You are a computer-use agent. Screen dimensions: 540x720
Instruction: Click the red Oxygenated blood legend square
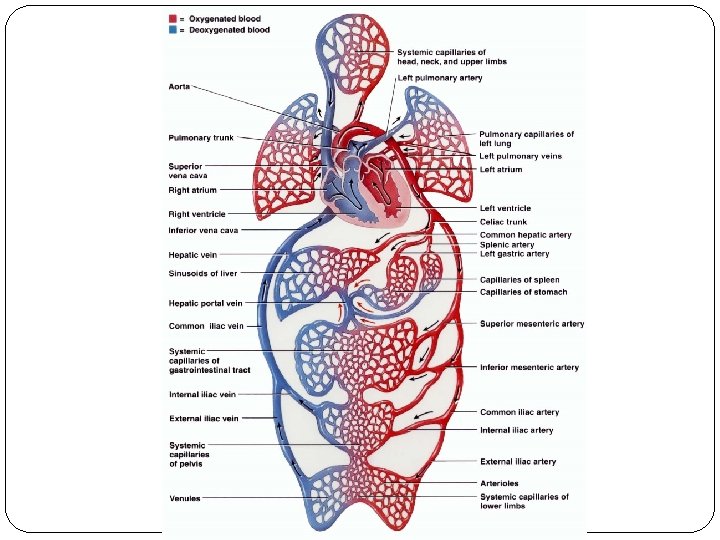(172, 19)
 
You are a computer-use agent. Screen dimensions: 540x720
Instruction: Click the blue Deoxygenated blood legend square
(172, 30)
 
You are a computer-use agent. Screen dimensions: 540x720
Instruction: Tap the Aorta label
(180, 87)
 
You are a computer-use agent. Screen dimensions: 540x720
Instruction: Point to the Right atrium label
(192, 189)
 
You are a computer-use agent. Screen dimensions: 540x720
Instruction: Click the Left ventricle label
(505, 208)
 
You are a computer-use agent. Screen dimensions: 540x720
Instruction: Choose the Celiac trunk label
(503, 222)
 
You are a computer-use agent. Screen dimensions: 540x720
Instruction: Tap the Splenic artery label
(507, 244)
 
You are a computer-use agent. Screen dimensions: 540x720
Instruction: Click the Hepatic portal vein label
(205, 303)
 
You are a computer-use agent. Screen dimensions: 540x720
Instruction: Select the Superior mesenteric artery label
(532, 323)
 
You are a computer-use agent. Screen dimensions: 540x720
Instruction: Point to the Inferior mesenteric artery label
(529, 367)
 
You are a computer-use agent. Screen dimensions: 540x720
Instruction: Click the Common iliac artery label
(519, 412)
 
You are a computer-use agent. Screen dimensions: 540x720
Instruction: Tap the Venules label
(184, 498)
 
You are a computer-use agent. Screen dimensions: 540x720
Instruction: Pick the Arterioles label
(499, 483)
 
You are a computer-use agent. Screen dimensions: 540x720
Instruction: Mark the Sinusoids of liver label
(202, 272)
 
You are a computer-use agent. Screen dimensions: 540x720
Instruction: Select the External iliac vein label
(203, 419)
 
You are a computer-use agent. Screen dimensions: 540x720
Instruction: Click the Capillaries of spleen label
(520, 280)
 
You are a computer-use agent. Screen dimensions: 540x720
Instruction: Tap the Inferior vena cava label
(203, 230)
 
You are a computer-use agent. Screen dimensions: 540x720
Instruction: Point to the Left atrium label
(501, 170)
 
